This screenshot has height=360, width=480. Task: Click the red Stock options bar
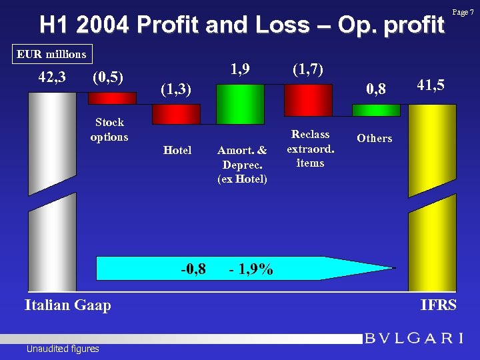[112, 98]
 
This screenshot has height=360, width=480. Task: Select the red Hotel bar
[176, 114]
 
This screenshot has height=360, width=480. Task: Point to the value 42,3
[52, 77]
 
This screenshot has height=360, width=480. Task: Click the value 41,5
[431, 85]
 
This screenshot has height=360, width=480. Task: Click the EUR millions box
[52, 53]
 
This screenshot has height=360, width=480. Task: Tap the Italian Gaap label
[67, 305]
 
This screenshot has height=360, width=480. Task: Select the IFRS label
[439, 305]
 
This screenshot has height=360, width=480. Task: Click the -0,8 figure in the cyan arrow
[193, 269]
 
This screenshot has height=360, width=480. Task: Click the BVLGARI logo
[413, 339]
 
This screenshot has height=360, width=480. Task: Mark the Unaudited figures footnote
[63, 349]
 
